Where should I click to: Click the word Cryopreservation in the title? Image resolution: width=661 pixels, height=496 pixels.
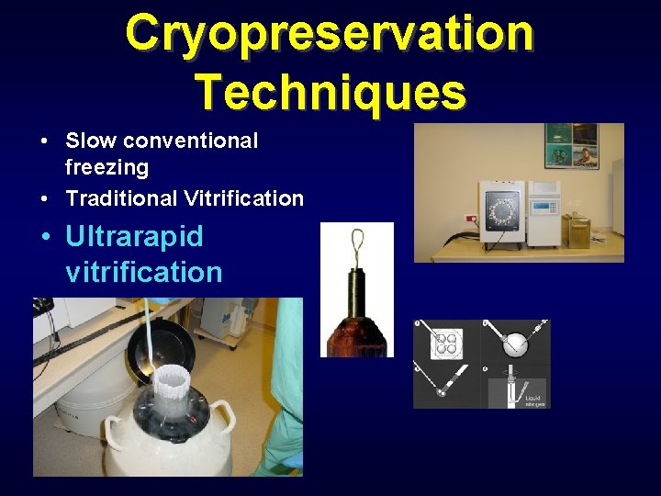pyautogui.click(x=330, y=33)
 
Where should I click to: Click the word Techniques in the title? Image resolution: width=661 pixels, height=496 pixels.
pyautogui.click(x=330, y=91)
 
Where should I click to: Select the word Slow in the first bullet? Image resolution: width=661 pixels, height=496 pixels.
pyautogui.click(x=91, y=141)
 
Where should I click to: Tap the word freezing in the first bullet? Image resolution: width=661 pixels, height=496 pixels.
pyautogui.click(x=106, y=167)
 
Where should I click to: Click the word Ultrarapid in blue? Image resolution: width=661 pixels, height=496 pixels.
pyautogui.click(x=134, y=237)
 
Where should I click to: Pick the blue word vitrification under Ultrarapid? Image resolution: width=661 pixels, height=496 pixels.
pyautogui.click(x=144, y=272)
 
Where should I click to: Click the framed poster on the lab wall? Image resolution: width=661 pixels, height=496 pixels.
pyautogui.click(x=570, y=145)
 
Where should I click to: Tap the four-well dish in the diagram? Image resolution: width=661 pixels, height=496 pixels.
pyautogui.click(x=446, y=345)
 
